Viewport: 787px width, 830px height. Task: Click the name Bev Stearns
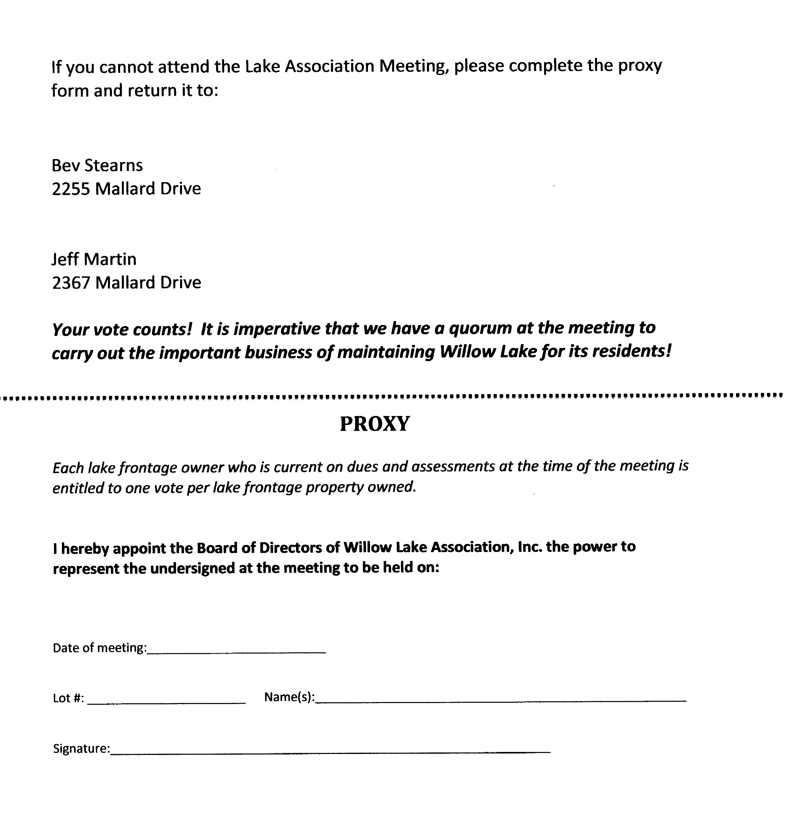97,166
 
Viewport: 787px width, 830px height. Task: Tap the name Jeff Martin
94,259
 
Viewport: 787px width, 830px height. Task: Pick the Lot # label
68,698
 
